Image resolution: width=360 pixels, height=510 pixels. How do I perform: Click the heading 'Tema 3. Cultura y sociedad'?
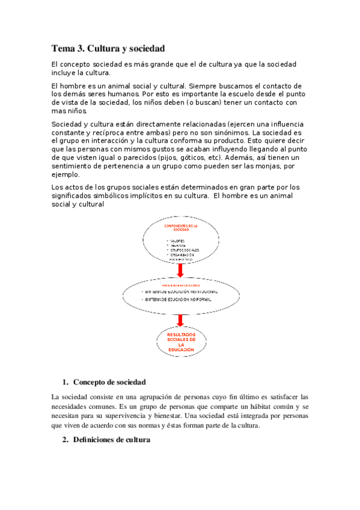pos(108,48)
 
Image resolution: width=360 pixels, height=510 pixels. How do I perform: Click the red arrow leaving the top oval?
pos(180,270)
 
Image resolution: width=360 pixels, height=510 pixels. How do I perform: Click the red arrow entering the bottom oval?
pos(180,320)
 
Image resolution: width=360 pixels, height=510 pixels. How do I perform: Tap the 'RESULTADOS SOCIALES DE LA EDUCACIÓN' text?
pos(181,342)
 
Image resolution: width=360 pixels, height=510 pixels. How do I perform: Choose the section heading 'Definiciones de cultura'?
pos(111,440)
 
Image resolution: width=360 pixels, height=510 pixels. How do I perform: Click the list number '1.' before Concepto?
pos(66,382)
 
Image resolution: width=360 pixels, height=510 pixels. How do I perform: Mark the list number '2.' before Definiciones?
pos(66,440)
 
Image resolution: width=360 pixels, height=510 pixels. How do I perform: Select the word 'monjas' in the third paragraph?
pos(260,166)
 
